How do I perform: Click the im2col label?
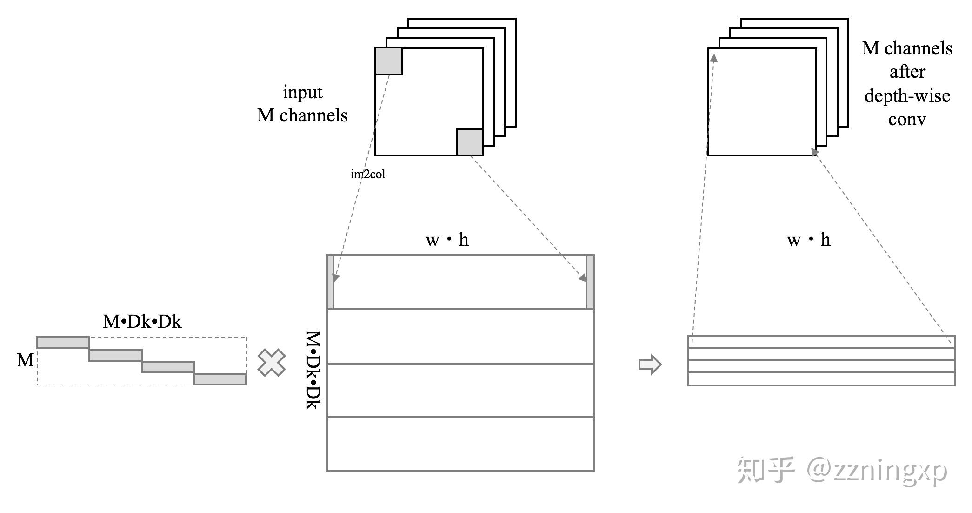tap(367, 174)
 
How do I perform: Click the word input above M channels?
tap(302, 92)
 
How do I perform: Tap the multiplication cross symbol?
tap(272, 363)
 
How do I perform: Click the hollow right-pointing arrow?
tap(650, 364)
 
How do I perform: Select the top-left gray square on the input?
tap(389, 61)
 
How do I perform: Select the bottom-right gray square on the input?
tap(470, 142)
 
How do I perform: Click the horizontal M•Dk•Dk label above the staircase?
tap(142, 322)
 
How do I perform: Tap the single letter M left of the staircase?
tap(25, 360)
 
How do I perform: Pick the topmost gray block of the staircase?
tap(63, 343)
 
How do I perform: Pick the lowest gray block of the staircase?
tap(220, 379)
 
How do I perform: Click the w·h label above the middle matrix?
tap(447, 240)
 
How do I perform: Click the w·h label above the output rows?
tap(808, 240)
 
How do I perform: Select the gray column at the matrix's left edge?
tap(331, 282)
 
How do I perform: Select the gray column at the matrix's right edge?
tap(590, 282)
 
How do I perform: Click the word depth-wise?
tap(907, 96)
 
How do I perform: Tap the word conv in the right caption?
tap(907, 120)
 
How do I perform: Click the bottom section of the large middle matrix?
tap(460, 444)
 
